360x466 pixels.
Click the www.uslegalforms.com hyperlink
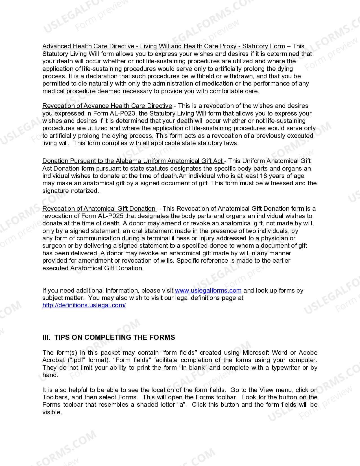click(x=208, y=290)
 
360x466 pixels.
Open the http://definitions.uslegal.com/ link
click(x=84, y=305)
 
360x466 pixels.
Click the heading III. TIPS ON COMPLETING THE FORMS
click(x=109, y=337)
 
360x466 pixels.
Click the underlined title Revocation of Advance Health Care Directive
click(x=107, y=106)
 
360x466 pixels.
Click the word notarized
click(x=84, y=191)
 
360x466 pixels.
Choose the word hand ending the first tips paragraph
click(x=49, y=375)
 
